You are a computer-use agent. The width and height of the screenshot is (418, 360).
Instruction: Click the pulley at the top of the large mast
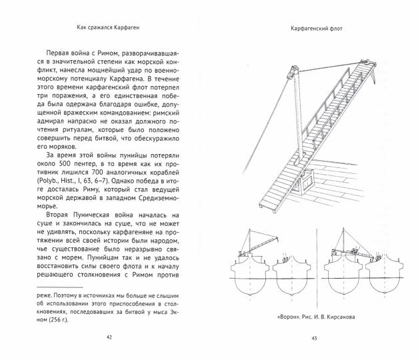[x=293, y=69]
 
